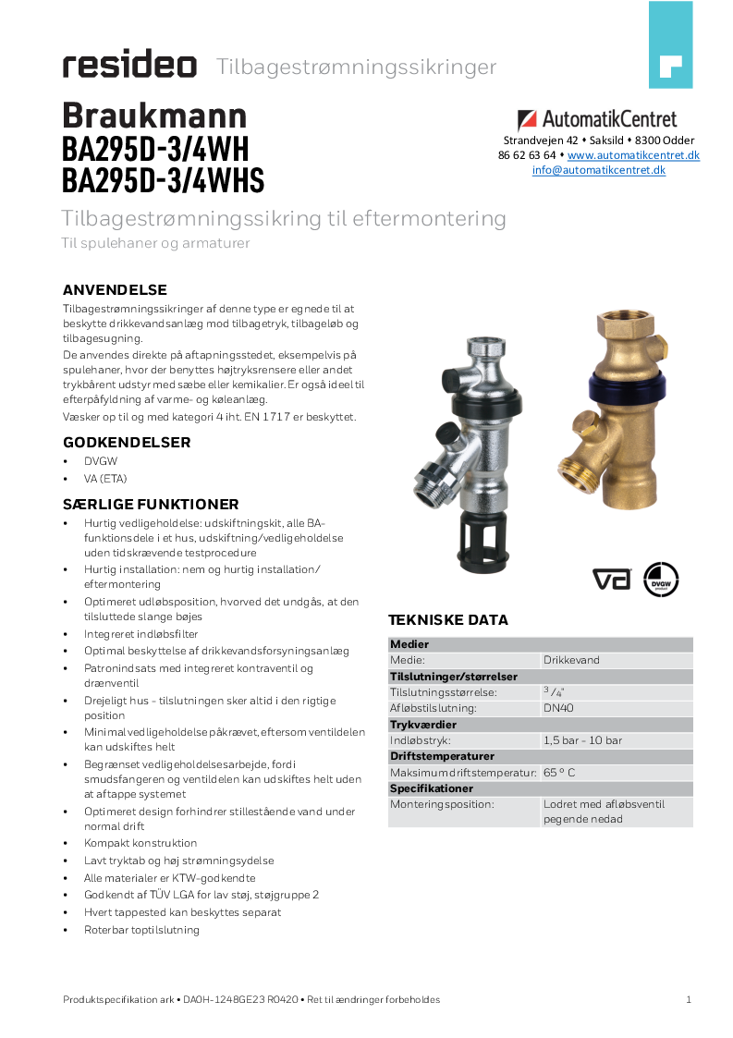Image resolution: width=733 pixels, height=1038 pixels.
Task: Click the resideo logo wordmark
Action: click(129, 66)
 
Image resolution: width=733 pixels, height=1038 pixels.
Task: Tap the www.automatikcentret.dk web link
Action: click(633, 155)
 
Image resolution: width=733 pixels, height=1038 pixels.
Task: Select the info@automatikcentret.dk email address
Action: click(598, 170)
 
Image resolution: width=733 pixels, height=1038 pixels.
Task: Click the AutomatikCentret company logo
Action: click(597, 119)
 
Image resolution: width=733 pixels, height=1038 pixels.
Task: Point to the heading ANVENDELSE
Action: click(115, 290)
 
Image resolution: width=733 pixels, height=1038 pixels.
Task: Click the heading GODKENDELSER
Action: click(127, 443)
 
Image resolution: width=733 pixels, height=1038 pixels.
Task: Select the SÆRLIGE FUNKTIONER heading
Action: click(151, 505)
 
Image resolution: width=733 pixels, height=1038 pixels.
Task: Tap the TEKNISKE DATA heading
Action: click(447, 620)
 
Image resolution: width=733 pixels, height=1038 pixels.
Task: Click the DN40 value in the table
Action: click(558, 708)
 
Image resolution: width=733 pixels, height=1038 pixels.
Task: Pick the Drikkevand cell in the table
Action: click(571, 660)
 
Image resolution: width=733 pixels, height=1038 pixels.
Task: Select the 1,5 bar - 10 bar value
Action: click(582, 740)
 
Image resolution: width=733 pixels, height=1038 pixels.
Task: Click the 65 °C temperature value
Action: click(559, 772)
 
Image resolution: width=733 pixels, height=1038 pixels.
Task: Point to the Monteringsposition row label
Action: click(442, 804)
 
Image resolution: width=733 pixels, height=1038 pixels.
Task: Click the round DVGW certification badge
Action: click(661, 579)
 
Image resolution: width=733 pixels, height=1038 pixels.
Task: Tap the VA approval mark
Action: click(611, 580)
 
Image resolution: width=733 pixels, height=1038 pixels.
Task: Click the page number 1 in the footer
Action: click(689, 999)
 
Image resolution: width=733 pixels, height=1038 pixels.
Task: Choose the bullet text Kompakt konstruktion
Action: click(140, 843)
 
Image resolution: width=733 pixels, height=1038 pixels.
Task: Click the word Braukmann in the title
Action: click(154, 116)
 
